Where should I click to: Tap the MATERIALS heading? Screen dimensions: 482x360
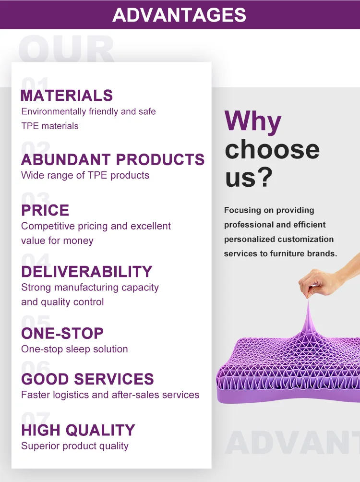(x=67, y=96)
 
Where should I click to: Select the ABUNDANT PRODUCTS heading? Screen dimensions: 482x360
(x=113, y=159)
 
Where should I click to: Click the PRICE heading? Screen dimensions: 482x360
(x=45, y=210)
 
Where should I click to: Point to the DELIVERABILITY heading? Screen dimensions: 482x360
(x=86, y=272)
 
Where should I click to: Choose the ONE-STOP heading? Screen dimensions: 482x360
(x=62, y=333)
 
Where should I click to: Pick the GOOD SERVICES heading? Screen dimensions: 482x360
(x=87, y=379)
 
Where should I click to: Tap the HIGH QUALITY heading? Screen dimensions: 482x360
(x=78, y=430)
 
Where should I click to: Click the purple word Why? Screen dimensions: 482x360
(x=253, y=121)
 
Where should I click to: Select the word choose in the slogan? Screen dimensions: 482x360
(x=272, y=149)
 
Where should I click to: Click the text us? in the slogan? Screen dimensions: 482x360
(x=249, y=177)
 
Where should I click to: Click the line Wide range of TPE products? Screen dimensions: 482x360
(x=85, y=175)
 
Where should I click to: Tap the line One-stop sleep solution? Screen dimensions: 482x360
(x=74, y=349)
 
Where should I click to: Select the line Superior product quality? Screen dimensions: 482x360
(x=74, y=446)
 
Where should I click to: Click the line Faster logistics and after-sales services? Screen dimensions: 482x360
(x=110, y=395)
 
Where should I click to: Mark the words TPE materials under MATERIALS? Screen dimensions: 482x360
(x=49, y=126)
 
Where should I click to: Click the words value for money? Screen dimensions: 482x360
(x=57, y=241)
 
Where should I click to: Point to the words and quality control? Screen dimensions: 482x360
(x=62, y=302)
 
